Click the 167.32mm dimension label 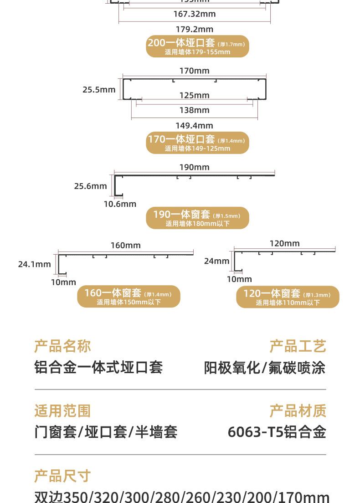(x=195, y=14)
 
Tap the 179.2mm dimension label (x=195, y=30)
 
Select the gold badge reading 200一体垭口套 (x=197, y=46)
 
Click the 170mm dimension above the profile (x=195, y=71)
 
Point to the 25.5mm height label (x=99, y=90)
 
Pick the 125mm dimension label (x=195, y=95)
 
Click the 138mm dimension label (x=195, y=110)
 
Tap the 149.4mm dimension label (x=195, y=125)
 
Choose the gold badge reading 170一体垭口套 (x=197, y=143)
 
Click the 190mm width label (x=195, y=167)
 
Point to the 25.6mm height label (x=91, y=186)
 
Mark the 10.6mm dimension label (x=120, y=204)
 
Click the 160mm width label (x=126, y=246)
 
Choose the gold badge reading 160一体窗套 (x=129, y=297)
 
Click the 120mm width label (x=285, y=243)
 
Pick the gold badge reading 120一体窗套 (x=288, y=297)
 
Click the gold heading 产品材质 (x=298, y=411)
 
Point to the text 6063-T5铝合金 (x=277, y=432)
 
